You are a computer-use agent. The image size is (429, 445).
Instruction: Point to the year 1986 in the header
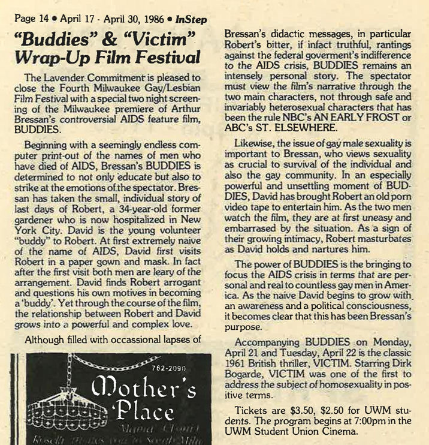143,19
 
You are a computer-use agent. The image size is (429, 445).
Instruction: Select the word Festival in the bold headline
164,58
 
